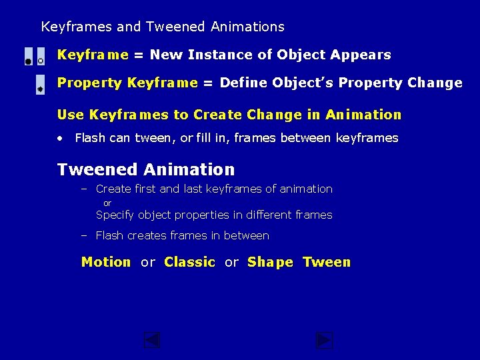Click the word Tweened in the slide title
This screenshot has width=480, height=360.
point(174,27)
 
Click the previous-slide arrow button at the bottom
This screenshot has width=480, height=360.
point(153,341)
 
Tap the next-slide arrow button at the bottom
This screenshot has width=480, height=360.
point(324,341)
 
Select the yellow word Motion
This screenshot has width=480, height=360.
point(106,262)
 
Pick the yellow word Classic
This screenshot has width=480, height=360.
point(189,262)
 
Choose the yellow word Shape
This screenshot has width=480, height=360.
point(270,263)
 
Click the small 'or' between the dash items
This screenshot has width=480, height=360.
point(107,203)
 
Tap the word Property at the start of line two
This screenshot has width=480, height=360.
point(90,83)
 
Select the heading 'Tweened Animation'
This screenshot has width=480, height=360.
point(146,169)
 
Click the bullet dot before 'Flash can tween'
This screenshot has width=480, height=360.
point(60,139)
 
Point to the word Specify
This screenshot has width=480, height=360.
point(116,215)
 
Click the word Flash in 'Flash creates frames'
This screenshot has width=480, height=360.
point(110,235)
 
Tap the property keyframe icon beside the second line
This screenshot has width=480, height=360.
point(40,85)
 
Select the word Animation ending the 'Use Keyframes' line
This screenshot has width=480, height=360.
point(363,115)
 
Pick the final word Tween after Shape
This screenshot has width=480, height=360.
point(326,262)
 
